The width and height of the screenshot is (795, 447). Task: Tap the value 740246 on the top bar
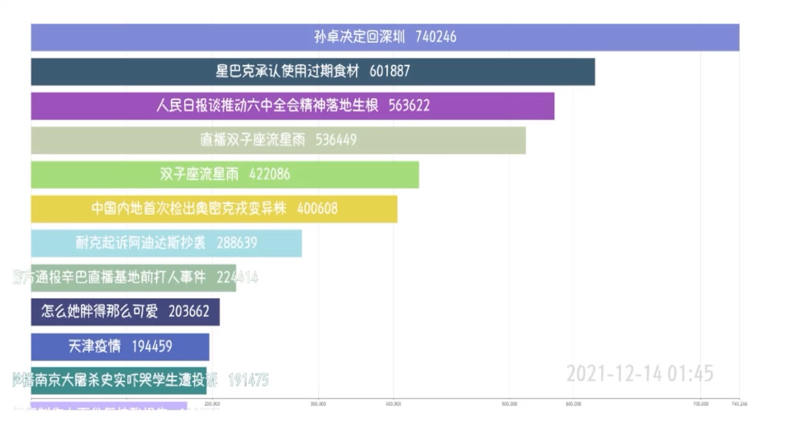436,37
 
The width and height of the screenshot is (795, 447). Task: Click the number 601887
390,72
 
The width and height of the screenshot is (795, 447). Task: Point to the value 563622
409,106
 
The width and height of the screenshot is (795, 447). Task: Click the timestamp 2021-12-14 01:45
639,373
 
